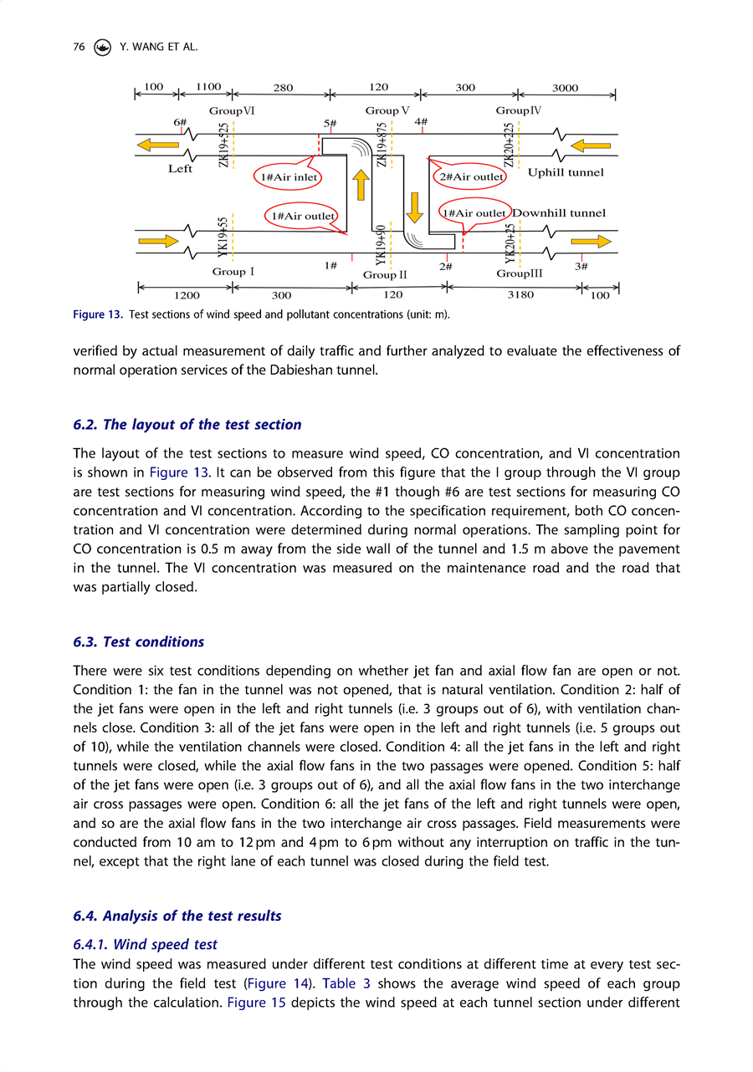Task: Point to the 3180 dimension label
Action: point(520,294)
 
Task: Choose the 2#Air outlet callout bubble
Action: point(469,176)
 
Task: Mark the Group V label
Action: point(387,110)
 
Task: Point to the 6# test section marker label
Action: point(179,122)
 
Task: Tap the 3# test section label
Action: point(582,266)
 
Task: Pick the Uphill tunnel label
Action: point(566,173)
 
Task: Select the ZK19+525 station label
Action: point(223,145)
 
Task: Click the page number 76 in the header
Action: point(79,48)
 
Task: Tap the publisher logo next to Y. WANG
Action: point(102,48)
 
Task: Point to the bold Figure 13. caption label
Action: point(99,314)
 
